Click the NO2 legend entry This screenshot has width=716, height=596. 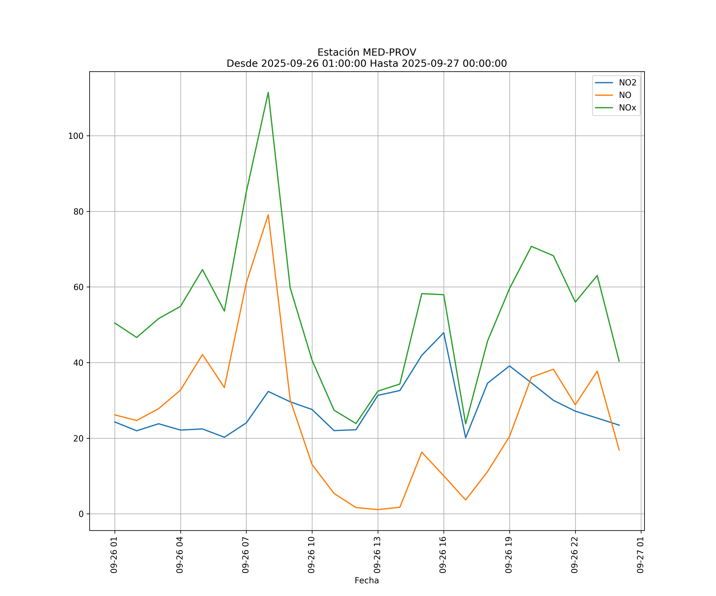coord(627,83)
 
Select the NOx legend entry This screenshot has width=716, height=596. coord(627,108)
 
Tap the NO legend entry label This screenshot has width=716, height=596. coord(625,95)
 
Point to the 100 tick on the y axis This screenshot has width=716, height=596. coord(76,136)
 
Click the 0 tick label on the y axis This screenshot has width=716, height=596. coord(81,514)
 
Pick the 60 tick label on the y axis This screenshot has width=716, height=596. coord(78,287)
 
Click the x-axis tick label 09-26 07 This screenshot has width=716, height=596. coord(245,555)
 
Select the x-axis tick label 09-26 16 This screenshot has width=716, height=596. coord(443,555)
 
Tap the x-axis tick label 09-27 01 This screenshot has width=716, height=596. coord(640,555)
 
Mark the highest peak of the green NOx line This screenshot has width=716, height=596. coord(268,92)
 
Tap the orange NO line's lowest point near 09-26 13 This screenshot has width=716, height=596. coord(378,510)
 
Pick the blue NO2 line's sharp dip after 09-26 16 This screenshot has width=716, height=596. coord(466,438)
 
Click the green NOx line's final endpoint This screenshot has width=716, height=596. coord(619,362)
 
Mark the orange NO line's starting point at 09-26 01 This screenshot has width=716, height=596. coord(115,415)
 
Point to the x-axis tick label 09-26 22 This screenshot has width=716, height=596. coord(575,555)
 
